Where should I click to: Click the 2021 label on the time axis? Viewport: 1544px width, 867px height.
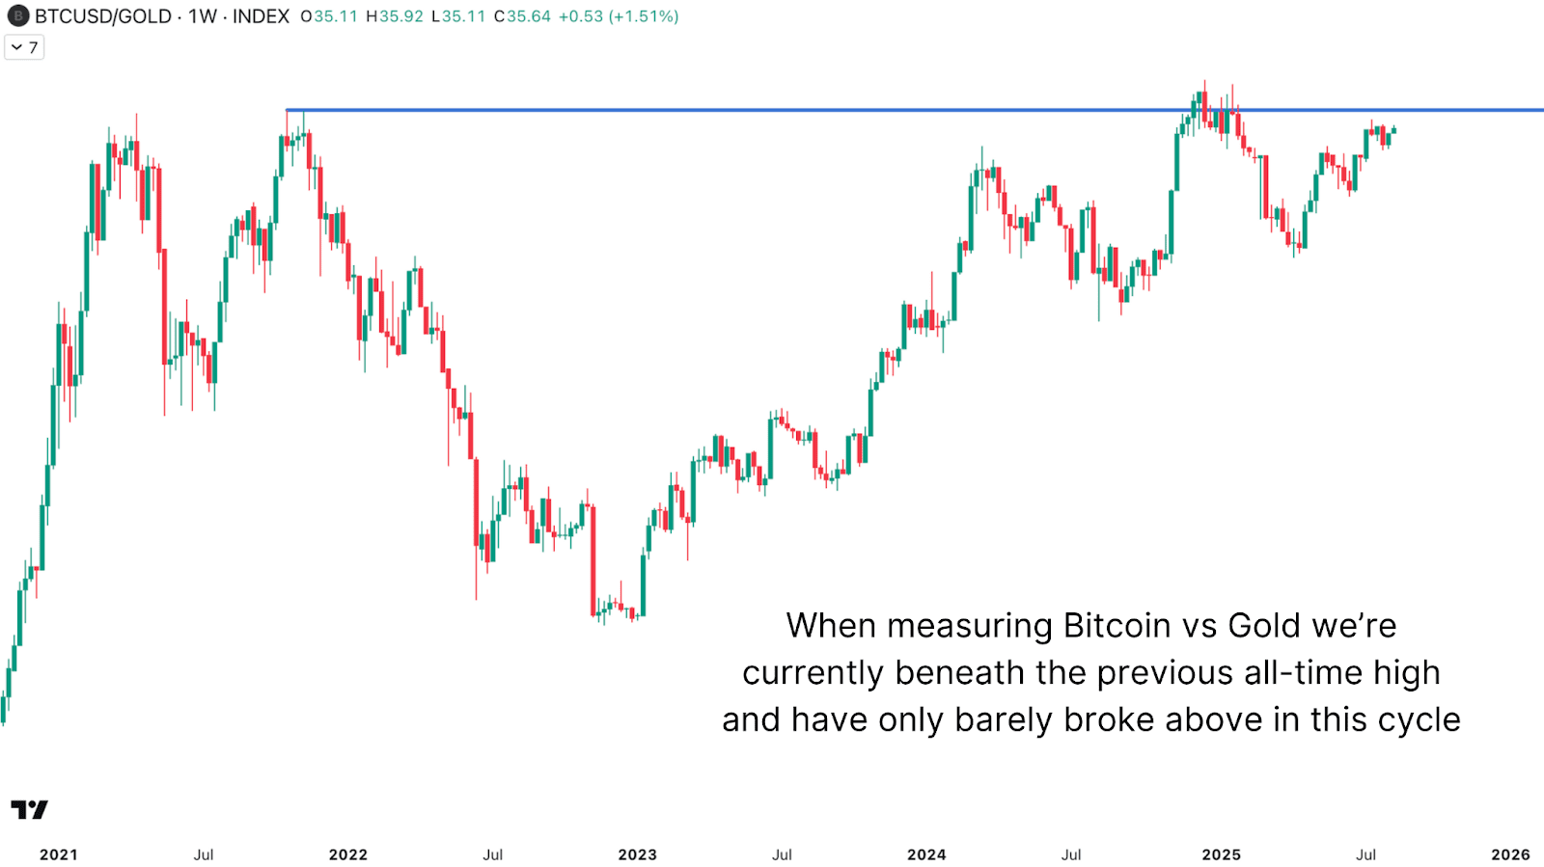58,854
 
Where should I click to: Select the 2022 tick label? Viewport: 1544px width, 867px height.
347,854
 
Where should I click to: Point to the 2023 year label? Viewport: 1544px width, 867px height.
637,854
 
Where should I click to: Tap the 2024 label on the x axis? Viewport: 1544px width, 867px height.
926,854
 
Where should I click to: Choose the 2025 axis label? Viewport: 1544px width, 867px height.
1221,854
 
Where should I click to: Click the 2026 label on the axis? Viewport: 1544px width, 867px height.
1510,854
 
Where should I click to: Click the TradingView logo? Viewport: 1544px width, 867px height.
29,809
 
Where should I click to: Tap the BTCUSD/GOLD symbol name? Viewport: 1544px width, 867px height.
103,16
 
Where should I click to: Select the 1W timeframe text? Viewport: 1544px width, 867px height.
203,16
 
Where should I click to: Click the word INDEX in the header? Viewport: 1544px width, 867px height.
261,16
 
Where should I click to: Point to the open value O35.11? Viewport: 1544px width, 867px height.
329,16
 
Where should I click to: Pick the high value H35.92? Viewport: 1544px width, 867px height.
395,16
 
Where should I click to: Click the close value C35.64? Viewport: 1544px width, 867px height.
522,16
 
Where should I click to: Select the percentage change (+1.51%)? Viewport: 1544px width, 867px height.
644,16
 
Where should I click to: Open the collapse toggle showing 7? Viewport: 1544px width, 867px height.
24,47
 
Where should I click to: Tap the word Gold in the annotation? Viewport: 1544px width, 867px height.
1264,626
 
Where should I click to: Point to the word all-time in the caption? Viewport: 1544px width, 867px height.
1303,673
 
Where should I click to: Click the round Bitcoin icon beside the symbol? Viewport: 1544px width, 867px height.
17,16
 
